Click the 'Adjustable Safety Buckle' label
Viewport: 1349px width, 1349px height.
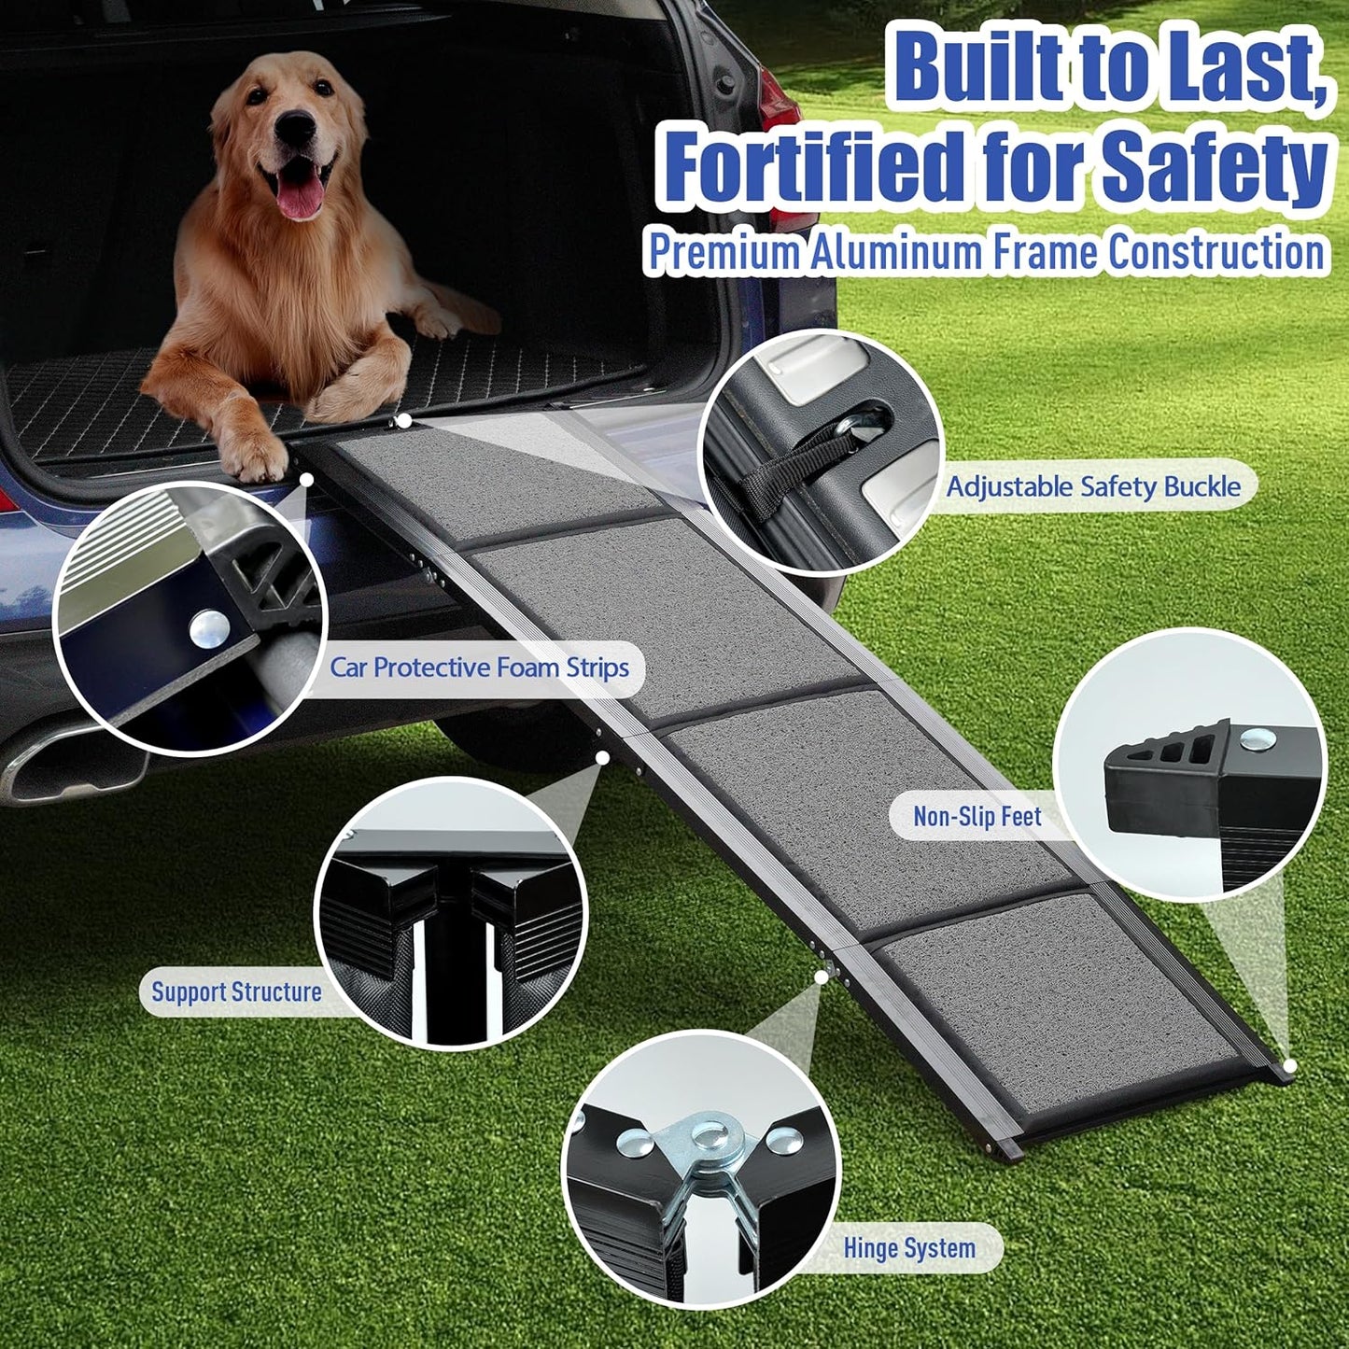point(1093,486)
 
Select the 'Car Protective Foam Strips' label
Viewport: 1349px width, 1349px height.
point(479,667)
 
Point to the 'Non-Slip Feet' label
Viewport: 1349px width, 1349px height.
point(977,817)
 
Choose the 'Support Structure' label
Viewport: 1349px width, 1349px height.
point(236,991)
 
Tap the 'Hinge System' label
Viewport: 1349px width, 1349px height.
point(908,1248)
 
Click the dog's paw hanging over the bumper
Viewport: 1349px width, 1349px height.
point(253,458)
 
